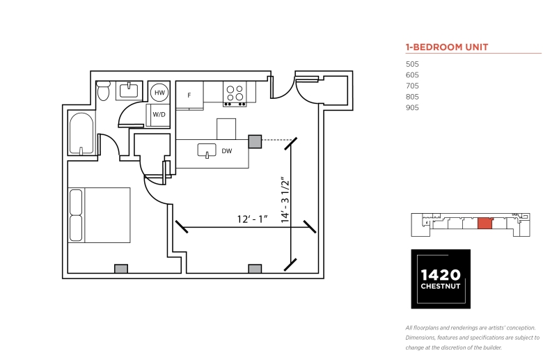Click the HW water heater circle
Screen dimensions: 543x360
(x=159, y=93)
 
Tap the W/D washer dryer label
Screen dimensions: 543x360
(x=159, y=114)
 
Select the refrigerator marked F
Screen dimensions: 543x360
(x=189, y=95)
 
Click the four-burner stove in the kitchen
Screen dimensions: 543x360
(x=235, y=94)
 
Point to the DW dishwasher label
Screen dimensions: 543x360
(x=227, y=151)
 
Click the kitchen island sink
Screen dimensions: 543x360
(x=207, y=150)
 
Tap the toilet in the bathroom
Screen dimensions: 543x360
(x=103, y=91)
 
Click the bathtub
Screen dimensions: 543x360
(x=81, y=134)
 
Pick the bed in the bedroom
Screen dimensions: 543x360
(x=100, y=215)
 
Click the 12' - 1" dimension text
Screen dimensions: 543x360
(x=253, y=219)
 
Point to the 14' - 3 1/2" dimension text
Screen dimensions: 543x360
(x=285, y=201)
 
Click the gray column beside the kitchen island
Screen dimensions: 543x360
(x=255, y=142)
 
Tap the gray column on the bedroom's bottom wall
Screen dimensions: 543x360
(x=121, y=269)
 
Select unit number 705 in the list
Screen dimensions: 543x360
(x=412, y=86)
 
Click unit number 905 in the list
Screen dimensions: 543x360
(x=412, y=108)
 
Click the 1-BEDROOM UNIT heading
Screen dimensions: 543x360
(x=447, y=47)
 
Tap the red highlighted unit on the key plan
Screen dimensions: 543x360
(x=485, y=224)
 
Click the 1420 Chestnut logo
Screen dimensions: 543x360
(x=441, y=279)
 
